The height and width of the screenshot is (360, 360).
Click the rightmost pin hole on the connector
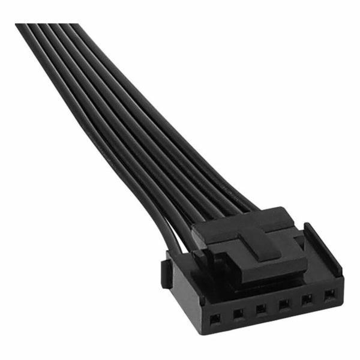329,295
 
